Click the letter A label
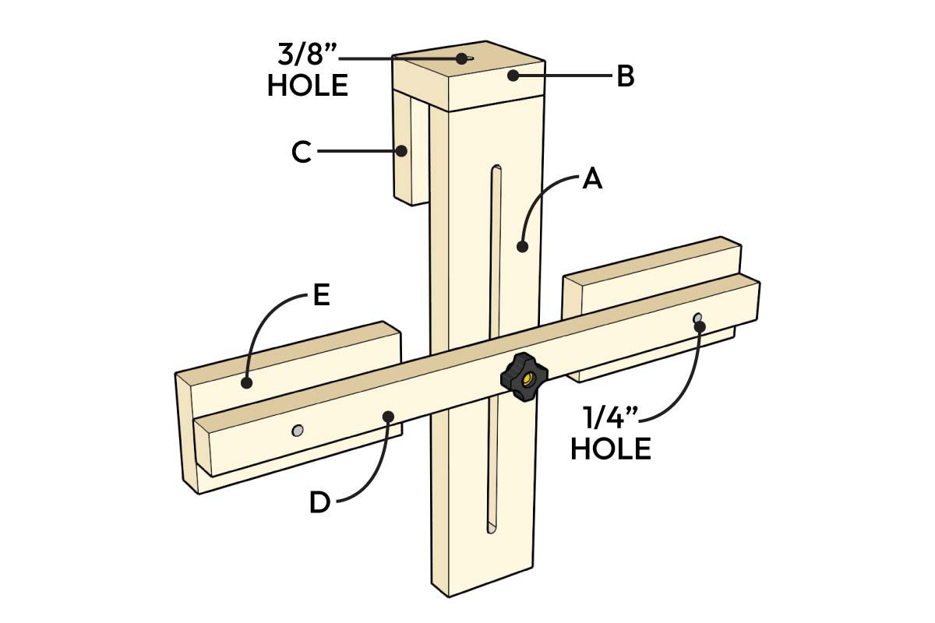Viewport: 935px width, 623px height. [x=592, y=179]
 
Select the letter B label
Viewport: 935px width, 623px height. [x=626, y=76]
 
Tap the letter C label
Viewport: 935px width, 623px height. [x=302, y=153]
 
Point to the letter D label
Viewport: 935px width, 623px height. [x=319, y=502]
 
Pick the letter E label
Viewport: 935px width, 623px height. [x=320, y=297]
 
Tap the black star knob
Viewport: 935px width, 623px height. [x=524, y=378]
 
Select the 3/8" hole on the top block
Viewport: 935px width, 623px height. [x=464, y=58]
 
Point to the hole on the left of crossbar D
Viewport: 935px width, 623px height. [x=297, y=431]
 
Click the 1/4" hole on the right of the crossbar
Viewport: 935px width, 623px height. [x=698, y=319]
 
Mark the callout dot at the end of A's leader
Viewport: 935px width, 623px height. [x=522, y=247]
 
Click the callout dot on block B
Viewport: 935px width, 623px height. [x=513, y=76]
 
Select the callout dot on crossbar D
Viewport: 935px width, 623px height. [x=387, y=417]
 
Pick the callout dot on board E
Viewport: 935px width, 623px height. [x=246, y=382]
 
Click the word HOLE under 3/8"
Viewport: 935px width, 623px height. [x=307, y=86]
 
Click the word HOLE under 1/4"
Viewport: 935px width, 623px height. [x=611, y=449]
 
